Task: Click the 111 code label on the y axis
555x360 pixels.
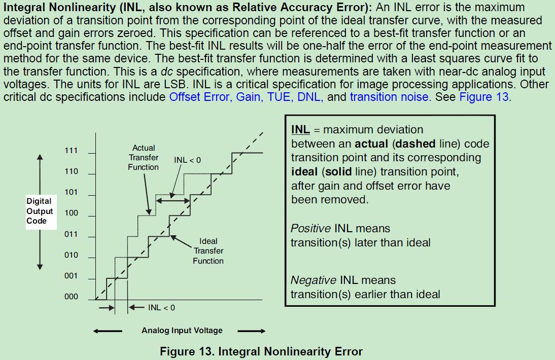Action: coord(71,151)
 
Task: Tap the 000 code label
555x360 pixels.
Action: coord(71,297)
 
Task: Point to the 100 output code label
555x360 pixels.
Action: coord(71,213)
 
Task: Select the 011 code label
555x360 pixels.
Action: coord(71,234)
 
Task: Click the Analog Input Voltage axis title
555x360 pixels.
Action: coord(182,331)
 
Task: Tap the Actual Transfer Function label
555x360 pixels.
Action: coord(144,157)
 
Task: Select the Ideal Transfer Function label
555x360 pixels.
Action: coord(208,251)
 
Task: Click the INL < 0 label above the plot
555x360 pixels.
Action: coord(187,160)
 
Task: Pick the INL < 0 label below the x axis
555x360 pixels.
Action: coord(161,308)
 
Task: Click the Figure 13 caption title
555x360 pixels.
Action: coord(261,351)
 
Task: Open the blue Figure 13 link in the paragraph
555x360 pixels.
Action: coord(483,97)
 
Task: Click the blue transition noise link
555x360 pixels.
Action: coord(389,97)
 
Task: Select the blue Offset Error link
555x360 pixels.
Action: coord(200,97)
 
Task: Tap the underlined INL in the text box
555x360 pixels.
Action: coord(300,130)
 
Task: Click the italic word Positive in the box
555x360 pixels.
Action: coord(310,229)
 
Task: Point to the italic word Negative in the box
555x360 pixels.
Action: coord(313,280)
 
